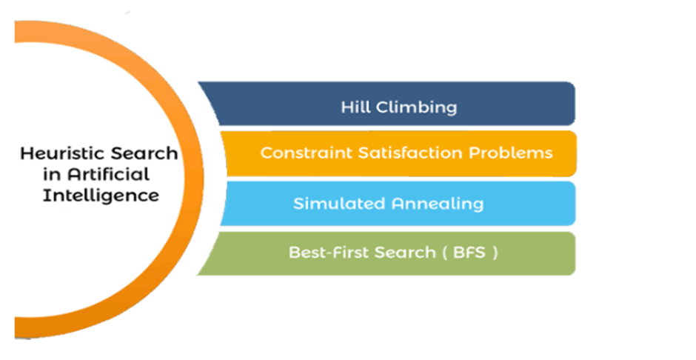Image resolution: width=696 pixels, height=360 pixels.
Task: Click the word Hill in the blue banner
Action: pos(355,107)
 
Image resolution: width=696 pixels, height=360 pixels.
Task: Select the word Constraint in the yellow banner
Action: pos(307,153)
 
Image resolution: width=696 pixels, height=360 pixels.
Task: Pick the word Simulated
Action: pos(339,203)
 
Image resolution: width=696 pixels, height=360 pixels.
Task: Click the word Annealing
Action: pos(437,204)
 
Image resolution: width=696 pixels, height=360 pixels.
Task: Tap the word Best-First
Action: pos(329,252)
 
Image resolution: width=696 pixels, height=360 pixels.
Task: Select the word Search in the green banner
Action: pos(405,252)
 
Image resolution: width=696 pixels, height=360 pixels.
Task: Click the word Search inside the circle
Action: pos(144,153)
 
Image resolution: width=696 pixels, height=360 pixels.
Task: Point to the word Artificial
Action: pos(109,175)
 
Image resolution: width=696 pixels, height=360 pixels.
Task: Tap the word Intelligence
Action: pos(101,196)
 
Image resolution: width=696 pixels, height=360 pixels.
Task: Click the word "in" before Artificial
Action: pos(52,175)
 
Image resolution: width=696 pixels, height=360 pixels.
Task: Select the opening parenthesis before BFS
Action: pos(444,253)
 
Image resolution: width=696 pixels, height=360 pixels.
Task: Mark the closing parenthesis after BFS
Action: pos(495,253)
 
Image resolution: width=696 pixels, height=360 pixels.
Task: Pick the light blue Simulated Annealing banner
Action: pos(398,203)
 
